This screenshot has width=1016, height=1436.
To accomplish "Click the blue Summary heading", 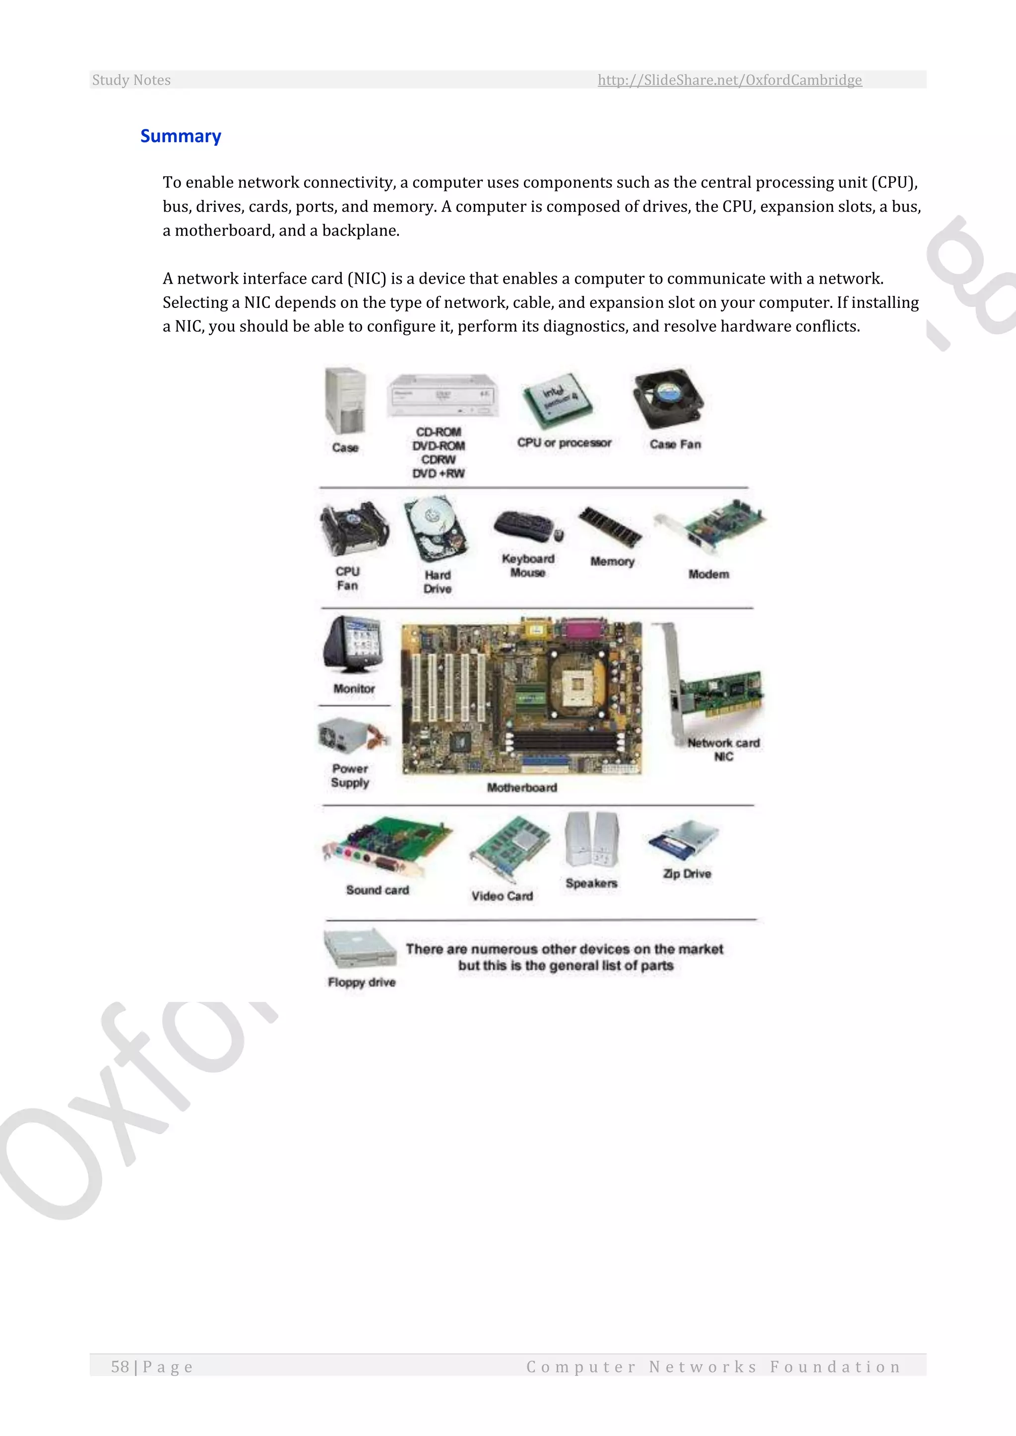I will coord(180,136).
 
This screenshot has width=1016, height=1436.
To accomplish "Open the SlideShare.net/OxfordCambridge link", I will coord(729,80).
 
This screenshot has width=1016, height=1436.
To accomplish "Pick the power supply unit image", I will coord(352,736).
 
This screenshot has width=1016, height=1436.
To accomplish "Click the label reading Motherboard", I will coord(522,787).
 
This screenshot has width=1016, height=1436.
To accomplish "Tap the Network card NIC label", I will coord(723,749).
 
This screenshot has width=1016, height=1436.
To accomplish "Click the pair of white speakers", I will coord(592,839).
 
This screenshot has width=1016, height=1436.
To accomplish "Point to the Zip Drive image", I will coord(685,840).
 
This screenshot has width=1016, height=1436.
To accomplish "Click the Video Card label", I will coord(502,896).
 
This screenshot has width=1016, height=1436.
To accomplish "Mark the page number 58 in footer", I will coord(120,1367).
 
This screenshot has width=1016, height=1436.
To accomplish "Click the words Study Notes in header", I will coord(131,80).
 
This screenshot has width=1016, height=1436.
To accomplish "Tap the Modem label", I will coord(708,574).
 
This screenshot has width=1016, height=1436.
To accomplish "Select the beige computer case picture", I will coord(345,401).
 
